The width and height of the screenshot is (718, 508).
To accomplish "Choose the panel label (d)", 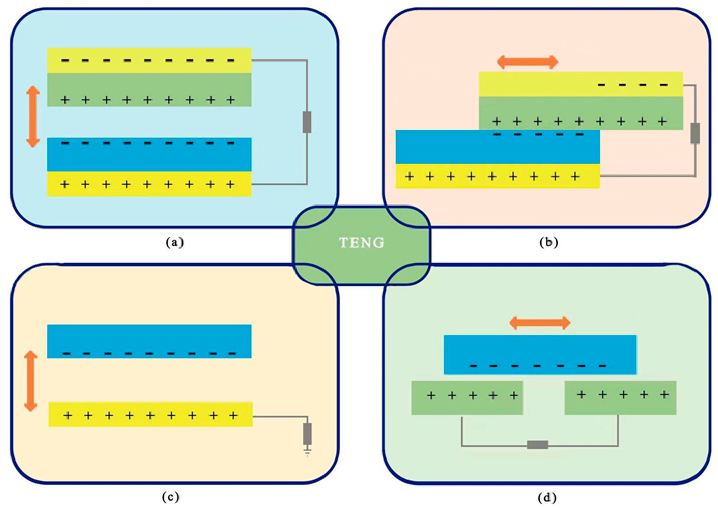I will [547, 497].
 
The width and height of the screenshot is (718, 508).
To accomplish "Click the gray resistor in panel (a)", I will [307, 122].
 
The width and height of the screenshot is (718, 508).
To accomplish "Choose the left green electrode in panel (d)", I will [466, 398].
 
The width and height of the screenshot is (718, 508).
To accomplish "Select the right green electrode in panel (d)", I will [620, 398].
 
